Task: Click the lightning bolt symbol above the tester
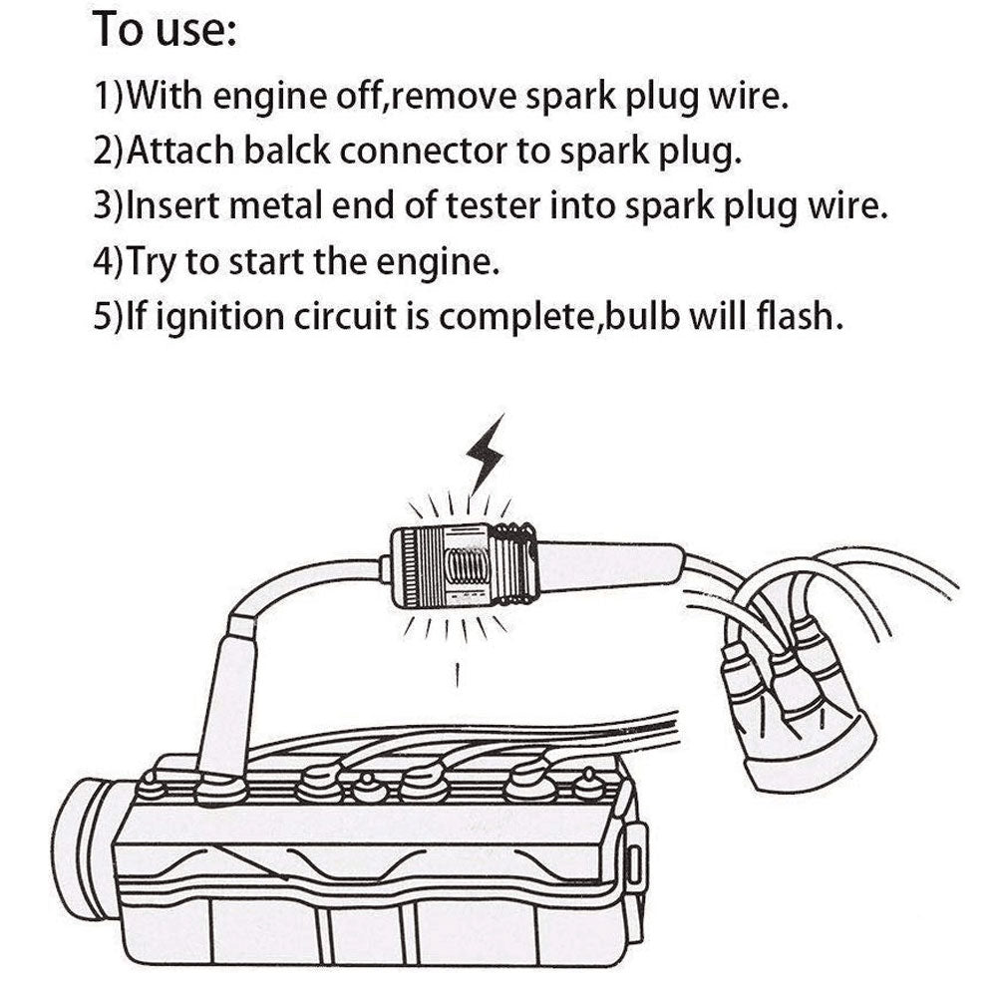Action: [486, 456]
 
